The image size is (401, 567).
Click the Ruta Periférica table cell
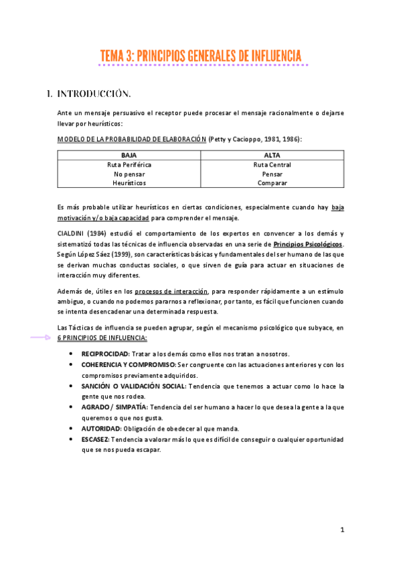pos(129,164)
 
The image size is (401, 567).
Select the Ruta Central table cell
pos(272,164)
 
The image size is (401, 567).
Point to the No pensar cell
pos(129,173)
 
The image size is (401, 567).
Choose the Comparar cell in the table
pos(272,183)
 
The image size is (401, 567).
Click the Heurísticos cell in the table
pos(129,183)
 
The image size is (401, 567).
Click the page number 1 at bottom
pos(341,530)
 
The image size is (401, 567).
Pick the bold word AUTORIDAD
pos(101,428)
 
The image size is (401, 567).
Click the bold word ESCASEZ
pos(95,439)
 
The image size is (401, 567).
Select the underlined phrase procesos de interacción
pos(171,292)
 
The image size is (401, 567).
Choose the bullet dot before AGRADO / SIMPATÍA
pos(72,407)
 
